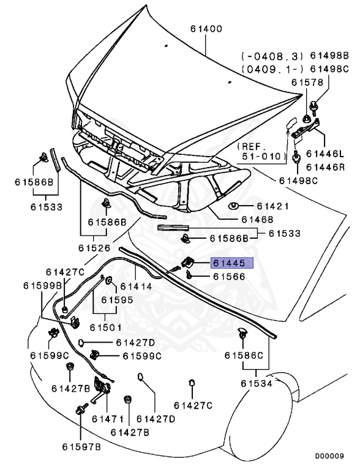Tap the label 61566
pos(229,277)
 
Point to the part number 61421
pos(272,206)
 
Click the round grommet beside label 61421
pos(234,206)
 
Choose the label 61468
pos(257,219)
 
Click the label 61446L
pos(326,154)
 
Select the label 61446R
pos(326,166)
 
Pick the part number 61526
pos(94,248)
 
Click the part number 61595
pos(117,300)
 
